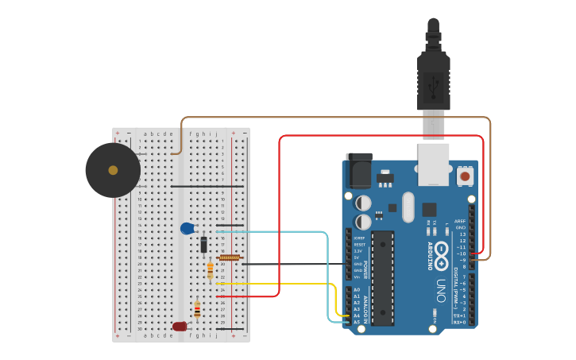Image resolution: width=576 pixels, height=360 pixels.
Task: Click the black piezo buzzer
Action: (x=113, y=170)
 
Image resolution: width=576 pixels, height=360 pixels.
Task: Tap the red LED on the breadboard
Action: (x=180, y=326)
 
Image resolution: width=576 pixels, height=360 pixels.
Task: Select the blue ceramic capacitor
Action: (x=187, y=229)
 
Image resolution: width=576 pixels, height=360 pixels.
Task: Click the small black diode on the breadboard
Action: (x=203, y=245)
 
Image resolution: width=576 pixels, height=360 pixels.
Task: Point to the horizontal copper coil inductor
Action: (x=230, y=257)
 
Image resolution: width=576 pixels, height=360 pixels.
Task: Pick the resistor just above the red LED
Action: (x=197, y=309)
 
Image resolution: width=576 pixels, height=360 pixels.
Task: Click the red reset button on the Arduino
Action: (x=464, y=175)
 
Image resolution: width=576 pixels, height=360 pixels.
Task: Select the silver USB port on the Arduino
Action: (x=434, y=164)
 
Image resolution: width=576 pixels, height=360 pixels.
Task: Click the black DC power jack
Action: (x=359, y=170)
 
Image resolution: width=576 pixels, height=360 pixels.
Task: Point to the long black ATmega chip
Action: (x=382, y=278)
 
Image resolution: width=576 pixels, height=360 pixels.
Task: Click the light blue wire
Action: (x=327, y=270)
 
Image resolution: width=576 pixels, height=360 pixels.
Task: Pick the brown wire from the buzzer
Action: (x=334, y=118)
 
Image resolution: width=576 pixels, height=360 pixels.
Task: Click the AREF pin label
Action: (x=460, y=222)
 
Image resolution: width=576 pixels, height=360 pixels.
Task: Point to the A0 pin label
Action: (x=357, y=290)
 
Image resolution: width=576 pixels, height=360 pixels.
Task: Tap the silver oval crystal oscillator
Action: (x=408, y=207)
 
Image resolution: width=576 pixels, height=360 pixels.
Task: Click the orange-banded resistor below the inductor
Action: (x=210, y=271)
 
